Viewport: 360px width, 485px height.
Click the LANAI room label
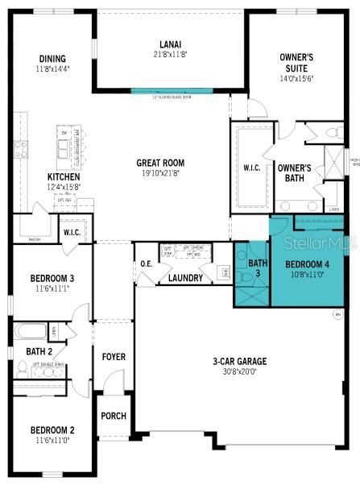tap(169, 44)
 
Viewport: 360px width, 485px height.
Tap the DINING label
tap(52, 58)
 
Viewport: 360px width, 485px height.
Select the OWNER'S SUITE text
tap(296, 63)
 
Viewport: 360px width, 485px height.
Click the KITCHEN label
tap(63, 176)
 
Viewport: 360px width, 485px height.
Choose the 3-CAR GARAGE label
tap(240, 362)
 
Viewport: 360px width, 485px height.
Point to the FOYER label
tap(114, 356)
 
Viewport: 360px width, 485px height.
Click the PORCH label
tap(114, 416)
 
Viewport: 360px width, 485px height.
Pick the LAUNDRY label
tap(185, 278)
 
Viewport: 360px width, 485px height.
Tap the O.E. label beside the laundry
tap(147, 263)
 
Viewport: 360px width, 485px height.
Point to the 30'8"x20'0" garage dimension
tap(240, 371)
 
